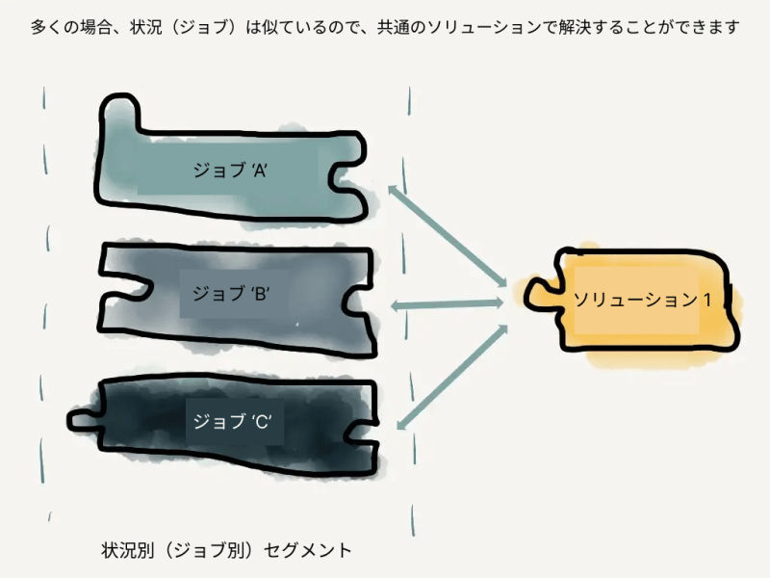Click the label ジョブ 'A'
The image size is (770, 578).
[230, 171]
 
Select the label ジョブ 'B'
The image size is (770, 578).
[230, 294]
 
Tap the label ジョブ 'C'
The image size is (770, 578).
[232, 421]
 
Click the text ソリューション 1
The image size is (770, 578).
[642, 300]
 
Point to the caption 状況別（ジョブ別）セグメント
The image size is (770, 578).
[226, 550]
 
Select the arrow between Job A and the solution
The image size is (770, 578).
[448, 236]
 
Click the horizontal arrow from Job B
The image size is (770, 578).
[448, 304]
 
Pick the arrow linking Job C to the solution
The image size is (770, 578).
[451, 377]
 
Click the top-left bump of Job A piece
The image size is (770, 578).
[119, 112]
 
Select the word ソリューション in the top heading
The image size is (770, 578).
[485, 27]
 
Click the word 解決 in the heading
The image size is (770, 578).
[577, 27]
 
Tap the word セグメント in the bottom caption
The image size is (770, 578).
[308, 550]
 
